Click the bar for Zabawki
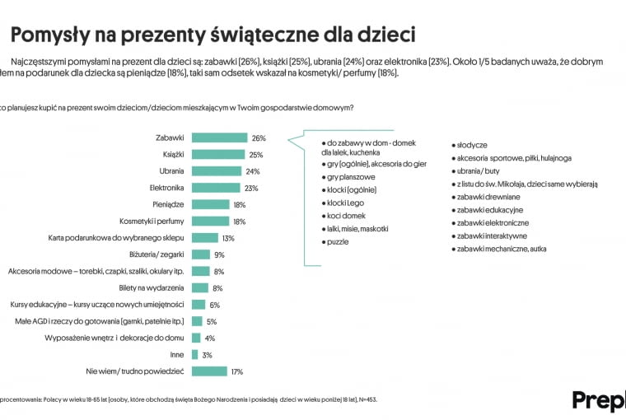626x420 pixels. [219, 138]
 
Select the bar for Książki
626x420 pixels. [218, 154]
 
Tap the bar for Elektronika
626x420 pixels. [217, 188]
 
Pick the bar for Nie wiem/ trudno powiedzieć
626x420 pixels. [210, 371]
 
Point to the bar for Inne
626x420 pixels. [195, 355]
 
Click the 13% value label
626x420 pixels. [228, 238]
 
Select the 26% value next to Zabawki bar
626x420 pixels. [259, 138]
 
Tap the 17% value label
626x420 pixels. [237, 371]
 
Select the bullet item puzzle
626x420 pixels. [338, 242]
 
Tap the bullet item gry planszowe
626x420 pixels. [351, 176]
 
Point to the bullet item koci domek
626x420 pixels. [347, 215]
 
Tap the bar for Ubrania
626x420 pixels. [217, 171]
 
